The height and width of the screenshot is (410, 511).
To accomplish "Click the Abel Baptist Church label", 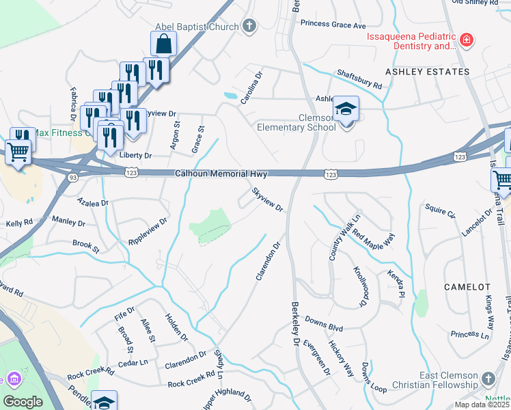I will click(x=197, y=27).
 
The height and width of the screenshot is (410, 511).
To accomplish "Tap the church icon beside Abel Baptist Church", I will click(x=249, y=27).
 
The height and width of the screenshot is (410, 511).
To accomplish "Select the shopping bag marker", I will click(x=164, y=44).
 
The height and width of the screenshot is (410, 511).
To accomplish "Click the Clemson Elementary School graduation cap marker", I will click(x=346, y=109).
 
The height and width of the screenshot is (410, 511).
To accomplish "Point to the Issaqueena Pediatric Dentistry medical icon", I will click(x=467, y=41).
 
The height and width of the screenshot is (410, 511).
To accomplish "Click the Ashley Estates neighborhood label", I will click(x=428, y=72).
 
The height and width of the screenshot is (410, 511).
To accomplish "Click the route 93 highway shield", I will click(x=72, y=178).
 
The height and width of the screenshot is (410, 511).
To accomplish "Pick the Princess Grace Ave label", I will click(x=333, y=25).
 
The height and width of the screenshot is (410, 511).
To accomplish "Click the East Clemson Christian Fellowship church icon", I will click(x=488, y=378).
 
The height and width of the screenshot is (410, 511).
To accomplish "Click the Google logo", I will click(x=23, y=402).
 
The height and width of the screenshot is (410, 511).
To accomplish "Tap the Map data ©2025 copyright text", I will click(x=482, y=405).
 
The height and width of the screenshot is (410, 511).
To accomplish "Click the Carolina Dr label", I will click(x=251, y=88).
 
